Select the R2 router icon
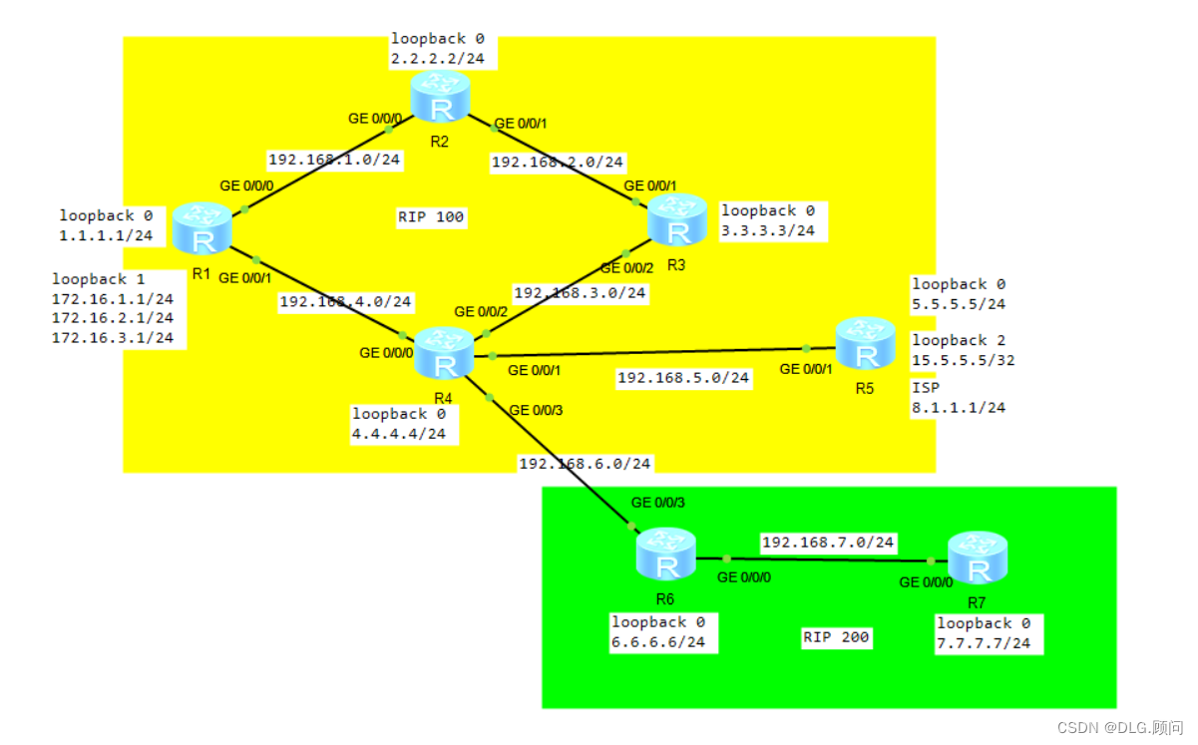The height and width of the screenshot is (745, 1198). point(435,99)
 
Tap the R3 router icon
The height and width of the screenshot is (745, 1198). point(678,219)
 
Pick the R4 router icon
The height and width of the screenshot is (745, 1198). point(444,353)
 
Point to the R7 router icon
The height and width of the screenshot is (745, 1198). point(978,559)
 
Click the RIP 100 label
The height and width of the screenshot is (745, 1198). point(431,217)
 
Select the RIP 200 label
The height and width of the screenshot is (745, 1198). point(836,637)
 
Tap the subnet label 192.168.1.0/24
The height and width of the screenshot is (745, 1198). point(334,159)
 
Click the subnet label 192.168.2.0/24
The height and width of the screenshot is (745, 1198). point(558,162)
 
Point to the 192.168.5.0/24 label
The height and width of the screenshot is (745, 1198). point(682,378)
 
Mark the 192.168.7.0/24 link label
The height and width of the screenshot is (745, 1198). point(828,544)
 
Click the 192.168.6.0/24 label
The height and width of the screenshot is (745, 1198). point(585,464)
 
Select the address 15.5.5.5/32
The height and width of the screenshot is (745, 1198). point(963,360)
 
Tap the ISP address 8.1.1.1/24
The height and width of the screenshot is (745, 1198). point(959,407)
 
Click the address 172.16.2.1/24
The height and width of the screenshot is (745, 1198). point(112,318)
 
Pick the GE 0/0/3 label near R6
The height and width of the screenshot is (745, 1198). point(657,502)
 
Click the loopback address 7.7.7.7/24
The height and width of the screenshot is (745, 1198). point(983,643)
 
